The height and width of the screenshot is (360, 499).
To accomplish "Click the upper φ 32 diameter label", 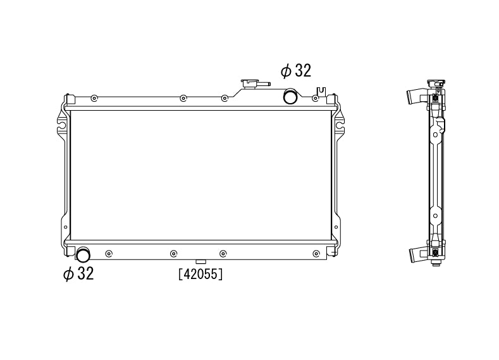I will point(296,70).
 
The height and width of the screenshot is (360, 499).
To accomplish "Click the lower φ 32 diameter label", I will point(78,274).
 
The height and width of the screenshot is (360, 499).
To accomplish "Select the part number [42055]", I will point(200,275).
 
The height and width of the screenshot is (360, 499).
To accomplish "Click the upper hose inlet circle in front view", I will point(290,97).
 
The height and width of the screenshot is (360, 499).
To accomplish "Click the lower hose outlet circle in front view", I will point(83,255).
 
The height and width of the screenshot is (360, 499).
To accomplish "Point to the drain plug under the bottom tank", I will point(200,261).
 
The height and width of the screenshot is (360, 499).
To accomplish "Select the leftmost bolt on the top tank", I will point(94,98).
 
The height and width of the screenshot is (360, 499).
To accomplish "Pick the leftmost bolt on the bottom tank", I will point(109,254).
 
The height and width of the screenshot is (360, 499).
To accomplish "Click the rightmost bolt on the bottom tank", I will point(316,254).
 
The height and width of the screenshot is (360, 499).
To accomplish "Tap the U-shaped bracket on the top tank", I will point(321,92).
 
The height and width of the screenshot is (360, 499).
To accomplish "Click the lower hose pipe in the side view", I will point(415,254).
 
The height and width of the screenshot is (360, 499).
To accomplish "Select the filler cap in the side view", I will point(436,84).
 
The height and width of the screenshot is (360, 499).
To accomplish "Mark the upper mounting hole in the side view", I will point(436,134).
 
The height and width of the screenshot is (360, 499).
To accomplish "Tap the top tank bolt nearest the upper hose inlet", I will point(316,98).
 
